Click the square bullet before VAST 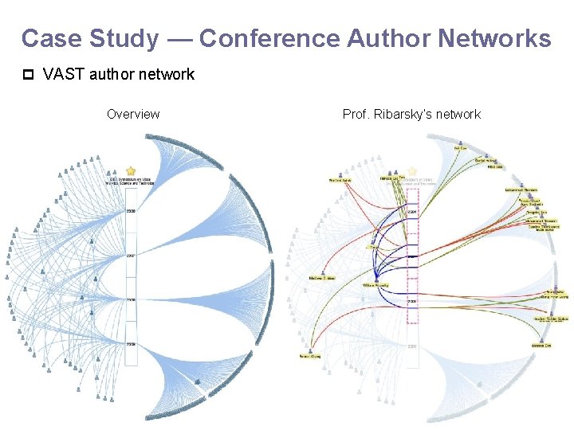click(x=28, y=75)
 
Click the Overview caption click(x=133, y=114)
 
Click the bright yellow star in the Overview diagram click(x=131, y=171)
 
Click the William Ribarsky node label click(x=375, y=284)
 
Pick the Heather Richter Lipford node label click(x=551, y=319)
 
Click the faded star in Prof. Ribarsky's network click(x=412, y=171)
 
